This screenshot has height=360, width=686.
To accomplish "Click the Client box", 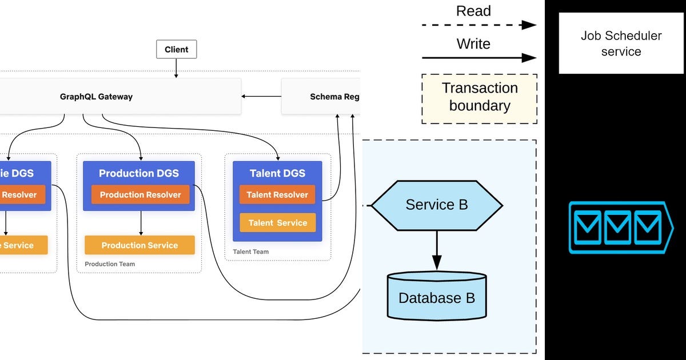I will pos(176,50).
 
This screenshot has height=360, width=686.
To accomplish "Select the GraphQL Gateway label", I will pos(96,97).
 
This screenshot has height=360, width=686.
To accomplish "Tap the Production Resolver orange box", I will pos(140,195).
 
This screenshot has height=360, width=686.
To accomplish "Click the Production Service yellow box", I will pos(139,245).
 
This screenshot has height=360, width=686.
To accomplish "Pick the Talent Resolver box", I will pos(277,195).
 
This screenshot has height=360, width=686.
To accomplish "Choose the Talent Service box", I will pos(277,223).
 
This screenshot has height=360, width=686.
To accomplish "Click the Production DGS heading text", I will pos(139,173).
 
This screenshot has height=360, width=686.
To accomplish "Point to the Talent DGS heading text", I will pos(277,173).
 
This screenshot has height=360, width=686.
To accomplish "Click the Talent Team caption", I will pos(250,251).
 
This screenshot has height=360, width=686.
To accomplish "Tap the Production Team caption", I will pos(110,264).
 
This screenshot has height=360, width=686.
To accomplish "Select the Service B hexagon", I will pos(437,205).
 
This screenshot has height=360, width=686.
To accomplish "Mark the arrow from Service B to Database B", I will pos(437,249).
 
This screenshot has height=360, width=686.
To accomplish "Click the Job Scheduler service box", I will pos(621,43).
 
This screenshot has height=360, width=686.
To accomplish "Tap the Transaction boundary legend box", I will pos(479,98).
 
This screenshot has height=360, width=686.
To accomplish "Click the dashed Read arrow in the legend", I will pos(479,25).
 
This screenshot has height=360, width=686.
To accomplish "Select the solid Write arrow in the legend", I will pos(479,57).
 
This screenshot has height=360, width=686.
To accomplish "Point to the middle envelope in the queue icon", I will pos(617,227).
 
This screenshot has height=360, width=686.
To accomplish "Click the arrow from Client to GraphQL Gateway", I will pos(176,68).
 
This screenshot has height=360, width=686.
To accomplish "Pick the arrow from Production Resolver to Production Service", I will pos(141,223).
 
